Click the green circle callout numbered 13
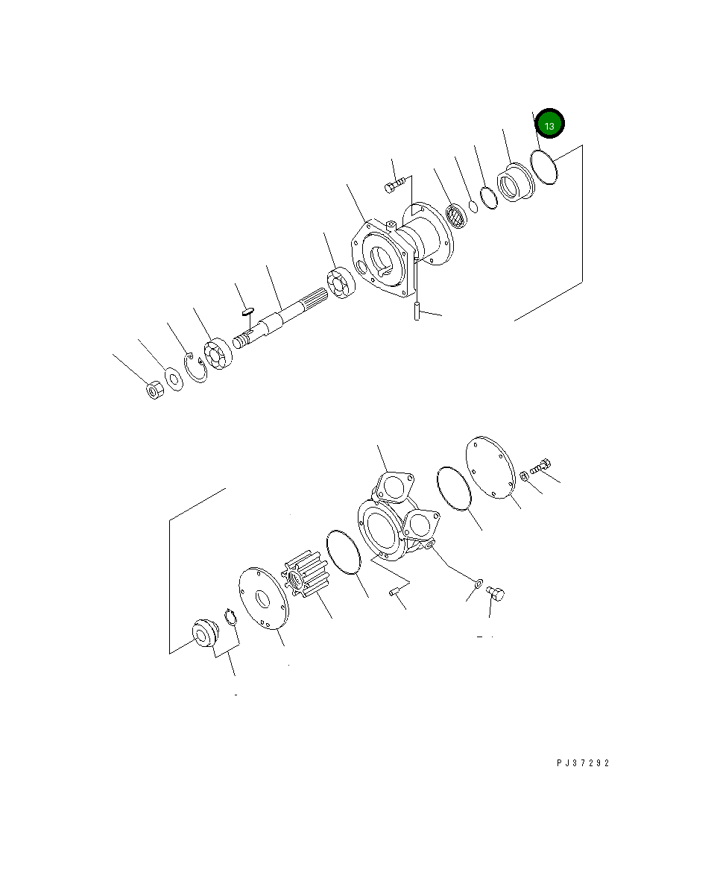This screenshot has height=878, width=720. click(549, 125)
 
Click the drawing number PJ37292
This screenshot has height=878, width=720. click(582, 763)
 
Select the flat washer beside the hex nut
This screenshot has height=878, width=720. click(174, 379)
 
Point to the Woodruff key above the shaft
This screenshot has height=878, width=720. click(249, 311)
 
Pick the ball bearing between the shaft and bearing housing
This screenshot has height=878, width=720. click(339, 284)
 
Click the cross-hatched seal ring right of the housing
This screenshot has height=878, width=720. click(456, 217)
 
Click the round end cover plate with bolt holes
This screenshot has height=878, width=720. click(490, 467)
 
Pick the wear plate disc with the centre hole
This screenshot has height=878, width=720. click(263, 597)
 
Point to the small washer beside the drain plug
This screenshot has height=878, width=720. click(479, 581)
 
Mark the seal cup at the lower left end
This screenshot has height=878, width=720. click(203, 634)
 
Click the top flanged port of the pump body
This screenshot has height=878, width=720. click(393, 485)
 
